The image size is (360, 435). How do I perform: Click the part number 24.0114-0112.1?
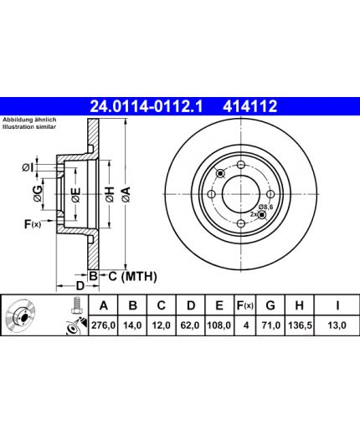pos(147,106)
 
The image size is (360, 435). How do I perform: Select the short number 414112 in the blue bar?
pos(249,106)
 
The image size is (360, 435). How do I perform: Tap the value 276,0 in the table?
pos(103,325)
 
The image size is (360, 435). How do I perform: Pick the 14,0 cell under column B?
pos(132,325)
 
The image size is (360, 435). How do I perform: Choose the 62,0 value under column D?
pos(190,325)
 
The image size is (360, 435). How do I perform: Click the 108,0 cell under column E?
pos(219,325)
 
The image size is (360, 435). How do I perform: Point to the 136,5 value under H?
pos(300,325)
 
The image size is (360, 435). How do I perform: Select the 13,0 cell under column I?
pos(337,325)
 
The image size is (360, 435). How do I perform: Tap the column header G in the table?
pos(270,305)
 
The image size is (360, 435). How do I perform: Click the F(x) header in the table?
pos(244,305)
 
